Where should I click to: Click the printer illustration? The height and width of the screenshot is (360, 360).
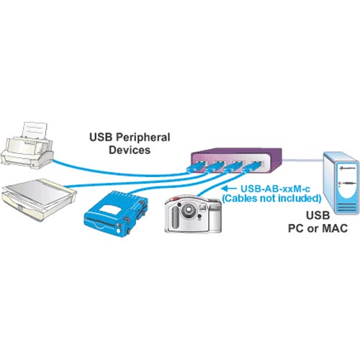click(27, 146)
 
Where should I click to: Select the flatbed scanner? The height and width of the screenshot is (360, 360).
click(38, 199)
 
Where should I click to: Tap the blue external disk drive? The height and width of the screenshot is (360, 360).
click(116, 213)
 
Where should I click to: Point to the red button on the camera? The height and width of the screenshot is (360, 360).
click(176, 199)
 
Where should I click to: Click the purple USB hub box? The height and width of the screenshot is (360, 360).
click(236, 160)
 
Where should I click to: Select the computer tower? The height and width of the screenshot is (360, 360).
click(341, 183)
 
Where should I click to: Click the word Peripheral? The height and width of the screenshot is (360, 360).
click(143, 138)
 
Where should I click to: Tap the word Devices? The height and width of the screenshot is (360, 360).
click(130, 150)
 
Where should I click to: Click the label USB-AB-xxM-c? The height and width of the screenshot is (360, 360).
click(275, 189)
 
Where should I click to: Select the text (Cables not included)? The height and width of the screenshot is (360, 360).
click(271, 199)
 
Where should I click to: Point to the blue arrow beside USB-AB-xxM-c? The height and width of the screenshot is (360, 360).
click(229, 189)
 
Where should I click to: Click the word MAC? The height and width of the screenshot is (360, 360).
click(335, 228)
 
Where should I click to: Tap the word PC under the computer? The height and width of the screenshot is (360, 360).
click(297, 228)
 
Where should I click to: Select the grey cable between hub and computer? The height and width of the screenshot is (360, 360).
click(302, 160)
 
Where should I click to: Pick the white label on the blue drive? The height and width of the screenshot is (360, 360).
click(110, 208)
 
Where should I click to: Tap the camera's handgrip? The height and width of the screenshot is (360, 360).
click(176, 217)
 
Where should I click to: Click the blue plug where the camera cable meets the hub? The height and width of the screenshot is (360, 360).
click(251, 167)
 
